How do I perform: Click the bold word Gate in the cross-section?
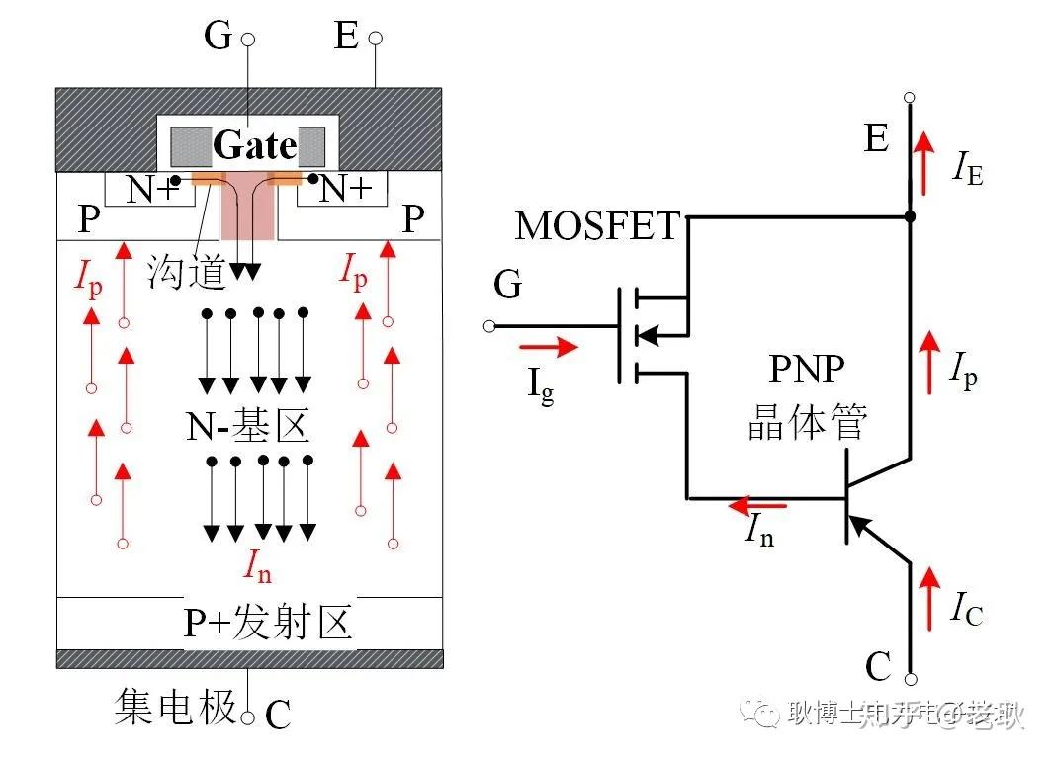[x=255, y=146]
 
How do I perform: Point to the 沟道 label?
[x=188, y=270]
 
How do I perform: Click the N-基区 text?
[x=248, y=426]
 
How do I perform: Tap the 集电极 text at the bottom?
[x=176, y=708]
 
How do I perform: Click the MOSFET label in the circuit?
[x=597, y=226]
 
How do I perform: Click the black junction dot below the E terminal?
[x=910, y=215]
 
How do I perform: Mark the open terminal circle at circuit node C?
[x=911, y=679]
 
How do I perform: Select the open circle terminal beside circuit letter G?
[x=488, y=326]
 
